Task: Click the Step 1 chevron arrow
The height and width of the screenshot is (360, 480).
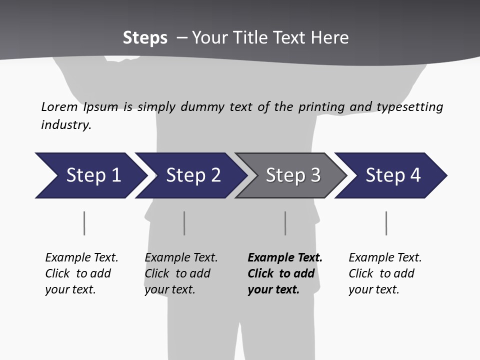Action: (x=92, y=175)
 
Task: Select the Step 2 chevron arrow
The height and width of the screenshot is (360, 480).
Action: (x=192, y=175)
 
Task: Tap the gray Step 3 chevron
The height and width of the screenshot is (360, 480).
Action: (x=292, y=175)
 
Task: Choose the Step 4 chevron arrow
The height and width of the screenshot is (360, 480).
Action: (x=392, y=175)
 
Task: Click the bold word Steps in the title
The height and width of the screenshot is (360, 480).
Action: (x=145, y=38)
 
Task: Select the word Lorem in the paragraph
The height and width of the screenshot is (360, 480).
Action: (x=59, y=107)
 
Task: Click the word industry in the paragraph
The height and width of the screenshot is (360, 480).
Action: (x=65, y=125)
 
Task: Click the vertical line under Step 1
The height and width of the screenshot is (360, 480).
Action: (x=84, y=223)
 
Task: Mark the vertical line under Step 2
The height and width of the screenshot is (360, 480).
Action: (x=184, y=223)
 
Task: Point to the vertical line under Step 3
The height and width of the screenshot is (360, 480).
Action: (x=285, y=223)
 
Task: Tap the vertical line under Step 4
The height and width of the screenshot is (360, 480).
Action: (x=386, y=223)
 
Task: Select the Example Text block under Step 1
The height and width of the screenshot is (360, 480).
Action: (x=81, y=273)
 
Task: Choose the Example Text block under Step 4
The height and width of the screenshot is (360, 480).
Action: (x=385, y=273)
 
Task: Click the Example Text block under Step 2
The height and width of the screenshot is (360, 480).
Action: (x=181, y=273)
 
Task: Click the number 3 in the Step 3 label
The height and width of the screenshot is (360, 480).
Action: (x=315, y=175)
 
